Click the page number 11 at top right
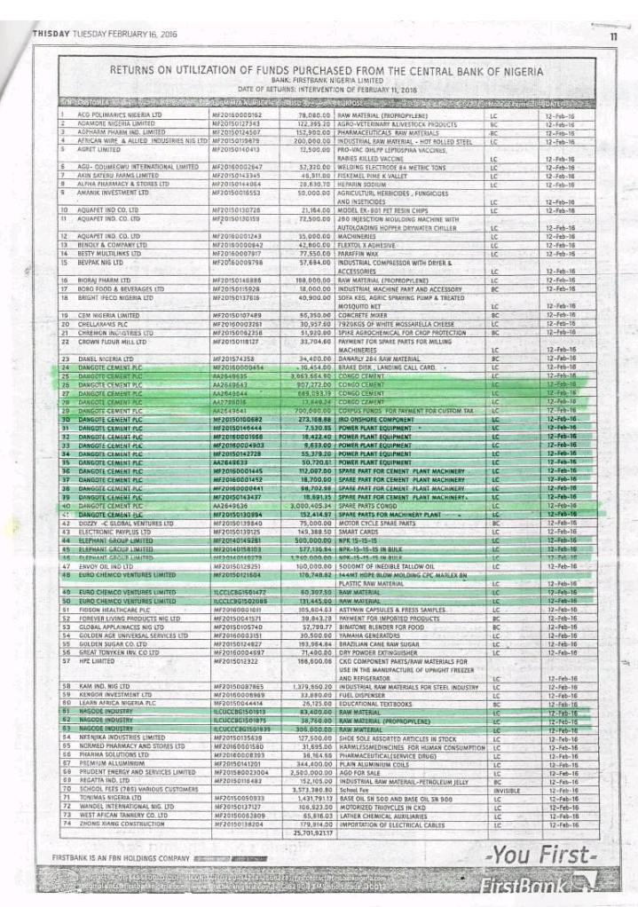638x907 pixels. click(x=612, y=35)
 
